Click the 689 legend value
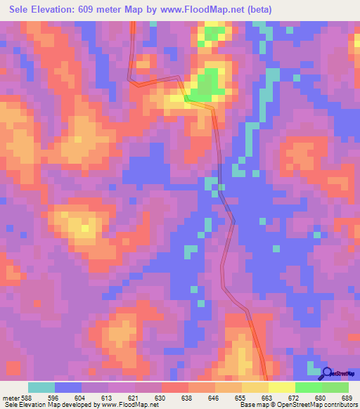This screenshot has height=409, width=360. click(345, 398)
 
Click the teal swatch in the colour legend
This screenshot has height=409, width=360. click(41, 387)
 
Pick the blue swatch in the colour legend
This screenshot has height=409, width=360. click(68, 387)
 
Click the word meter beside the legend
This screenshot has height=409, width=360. click(11, 398)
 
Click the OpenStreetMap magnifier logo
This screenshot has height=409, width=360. click(328, 374)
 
